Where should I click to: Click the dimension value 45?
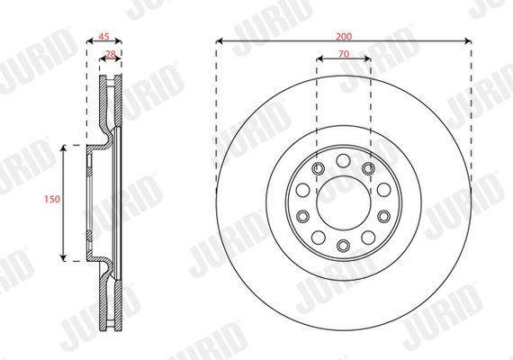point(104,36)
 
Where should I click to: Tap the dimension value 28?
point(111,54)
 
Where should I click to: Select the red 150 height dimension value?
point(52,199)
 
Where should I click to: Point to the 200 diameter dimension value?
point(344,36)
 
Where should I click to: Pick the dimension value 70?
point(344,54)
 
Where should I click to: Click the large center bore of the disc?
point(344,202)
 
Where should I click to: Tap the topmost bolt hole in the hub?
point(343,161)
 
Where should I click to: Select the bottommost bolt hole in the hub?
point(343,245)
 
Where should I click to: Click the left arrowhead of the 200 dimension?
point(220,40)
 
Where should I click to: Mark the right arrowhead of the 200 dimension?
point(468,40)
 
